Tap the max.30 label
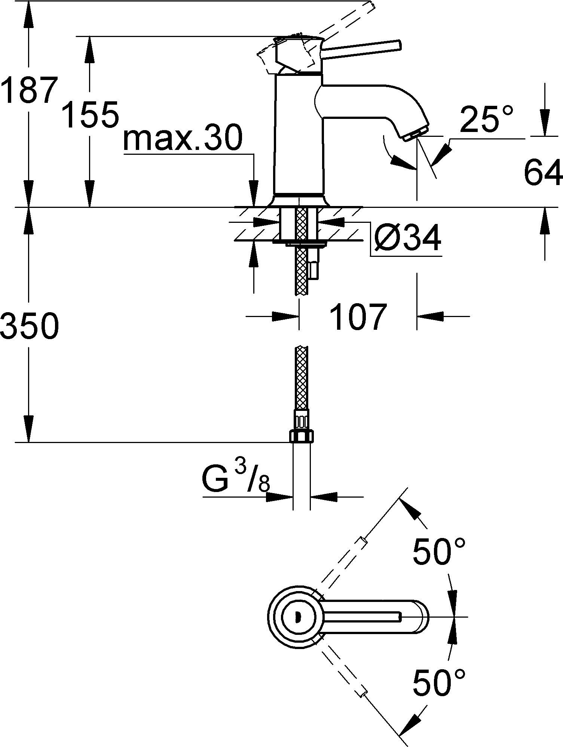tap(183, 139)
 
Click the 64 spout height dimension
tap(543, 172)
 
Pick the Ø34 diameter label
tap(407, 239)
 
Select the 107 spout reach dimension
tap(358, 317)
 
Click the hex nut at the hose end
tap(302, 436)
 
